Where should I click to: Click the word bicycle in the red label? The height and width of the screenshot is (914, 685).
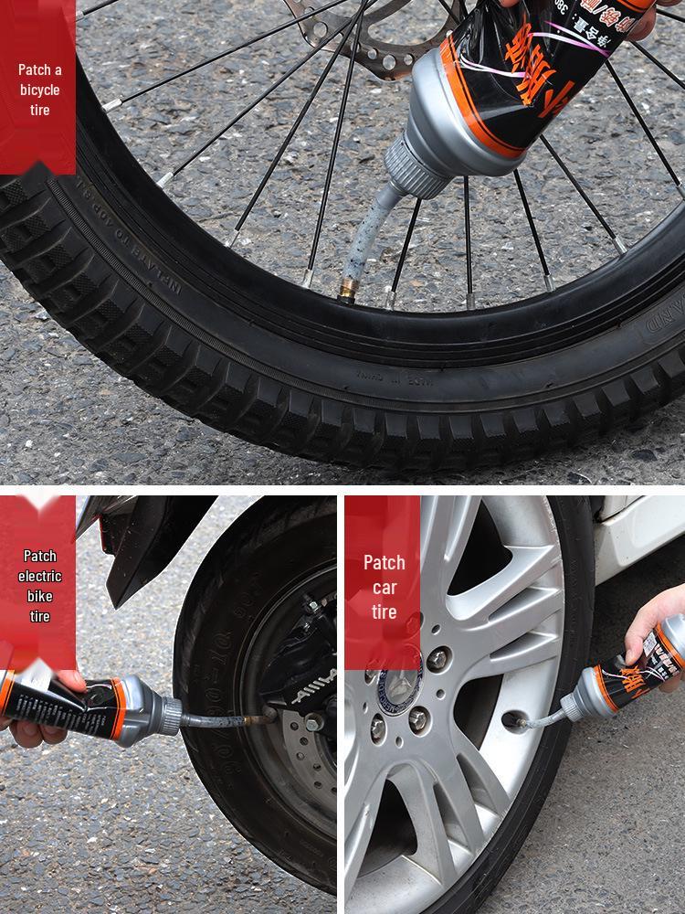coord(39,90)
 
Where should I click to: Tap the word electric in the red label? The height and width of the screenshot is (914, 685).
coord(39,576)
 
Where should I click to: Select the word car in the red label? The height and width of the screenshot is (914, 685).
coord(384,587)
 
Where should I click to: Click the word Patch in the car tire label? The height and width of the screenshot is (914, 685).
coord(384,562)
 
